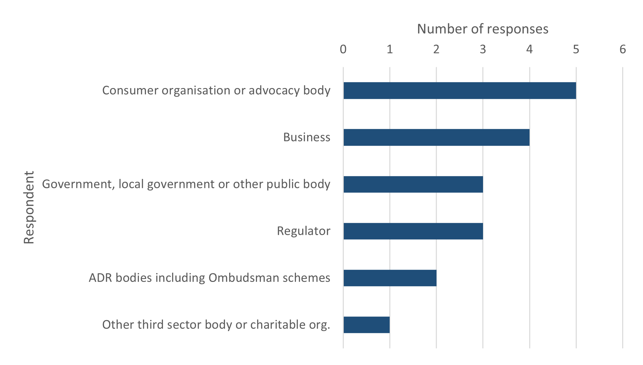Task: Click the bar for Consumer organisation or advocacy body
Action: click(x=460, y=90)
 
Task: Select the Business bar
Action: click(x=436, y=137)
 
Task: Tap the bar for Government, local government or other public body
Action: click(x=413, y=184)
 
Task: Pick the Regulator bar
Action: click(x=413, y=231)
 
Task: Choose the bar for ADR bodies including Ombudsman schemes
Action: click(x=390, y=278)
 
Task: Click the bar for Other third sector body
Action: click(x=367, y=325)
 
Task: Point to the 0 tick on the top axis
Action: click(x=343, y=49)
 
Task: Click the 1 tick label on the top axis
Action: click(x=390, y=49)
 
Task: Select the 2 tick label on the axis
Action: click(x=436, y=49)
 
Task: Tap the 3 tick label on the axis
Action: click(x=483, y=49)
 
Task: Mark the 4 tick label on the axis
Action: click(x=529, y=49)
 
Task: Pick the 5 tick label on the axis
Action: click(x=576, y=49)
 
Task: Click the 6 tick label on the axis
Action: click(x=623, y=49)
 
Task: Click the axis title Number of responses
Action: click(x=482, y=29)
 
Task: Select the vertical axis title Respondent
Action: click(x=29, y=207)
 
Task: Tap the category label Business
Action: click(x=306, y=137)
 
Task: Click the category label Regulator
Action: click(x=304, y=231)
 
